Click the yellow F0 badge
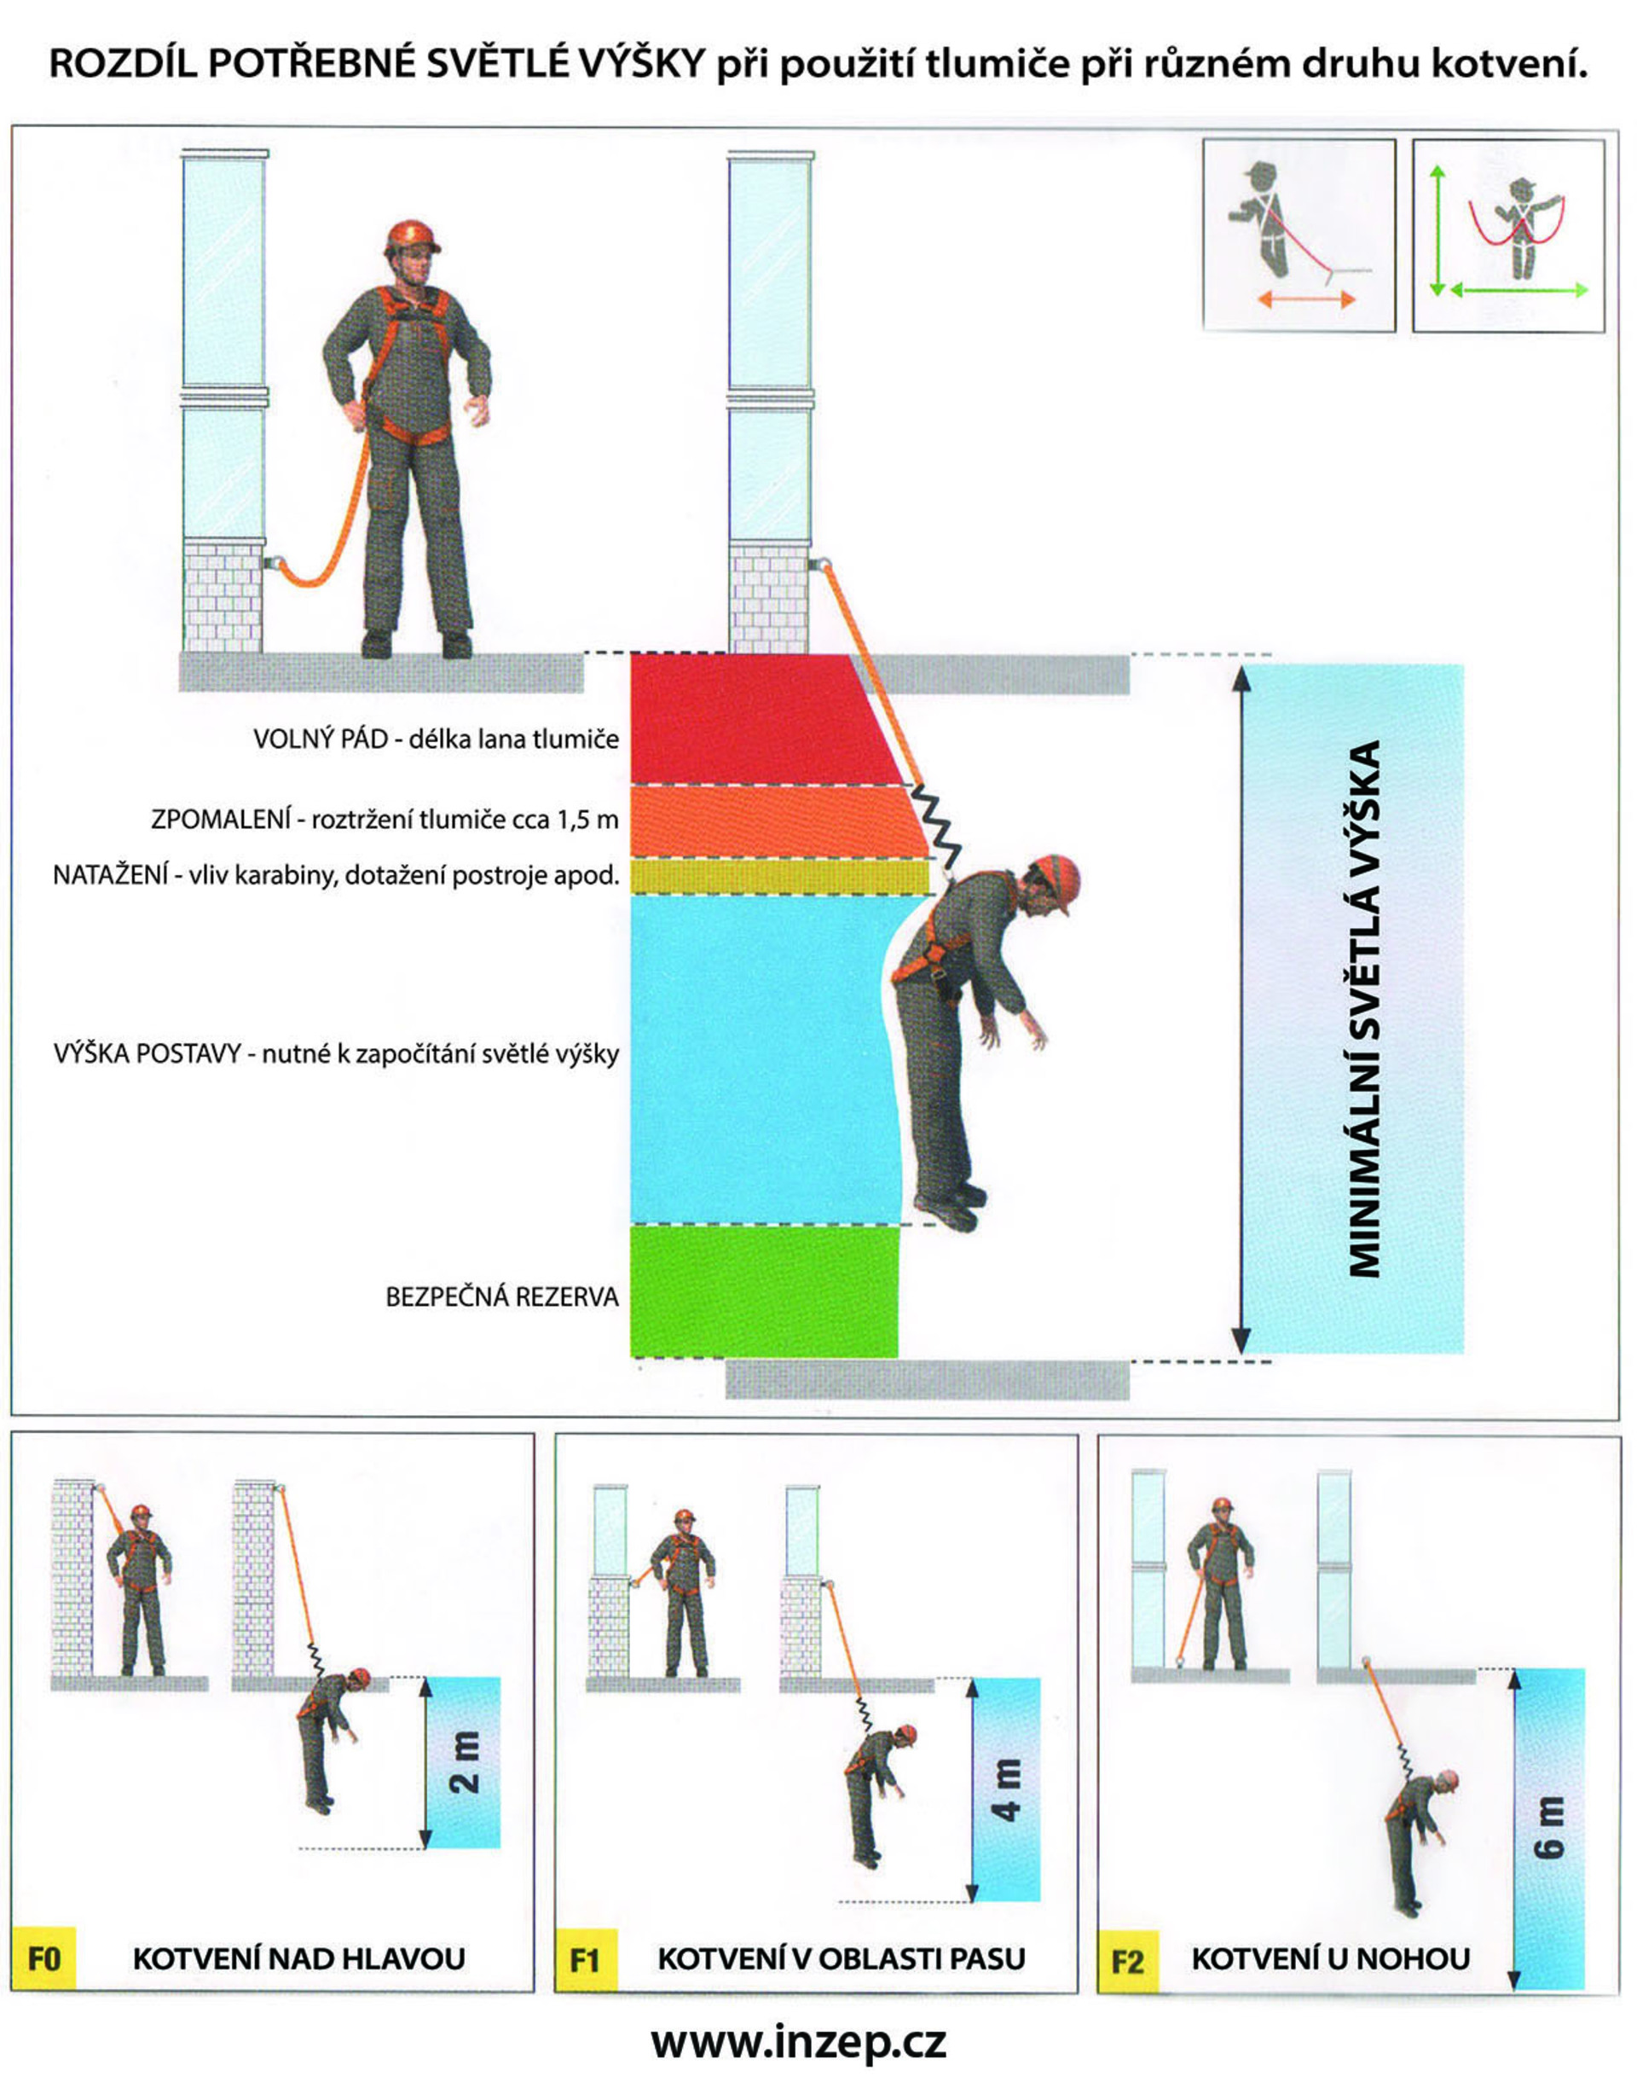(44, 1957)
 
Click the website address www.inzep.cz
(798, 2043)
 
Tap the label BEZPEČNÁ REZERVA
(502, 1297)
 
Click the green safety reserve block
(765, 1291)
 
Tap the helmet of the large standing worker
(412, 237)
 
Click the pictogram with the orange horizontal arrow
(1299, 235)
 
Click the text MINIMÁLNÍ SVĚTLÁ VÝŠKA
(1365, 1007)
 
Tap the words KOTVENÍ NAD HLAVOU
(299, 1958)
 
